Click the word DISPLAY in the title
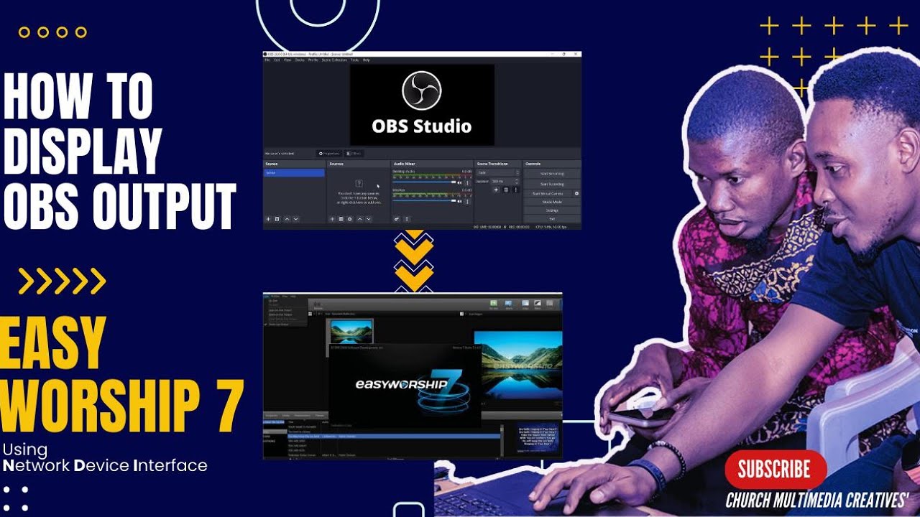(x=83, y=151)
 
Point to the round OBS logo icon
(x=422, y=90)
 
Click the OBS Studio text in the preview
(x=422, y=126)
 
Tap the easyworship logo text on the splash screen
(x=402, y=384)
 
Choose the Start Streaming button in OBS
(x=551, y=174)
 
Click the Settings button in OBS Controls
(x=551, y=210)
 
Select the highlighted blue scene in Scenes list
(x=294, y=173)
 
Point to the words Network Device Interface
(x=105, y=465)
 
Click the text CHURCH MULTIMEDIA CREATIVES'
(x=817, y=500)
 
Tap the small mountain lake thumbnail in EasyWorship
(x=351, y=331)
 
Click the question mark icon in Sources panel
(x=359, y=184)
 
